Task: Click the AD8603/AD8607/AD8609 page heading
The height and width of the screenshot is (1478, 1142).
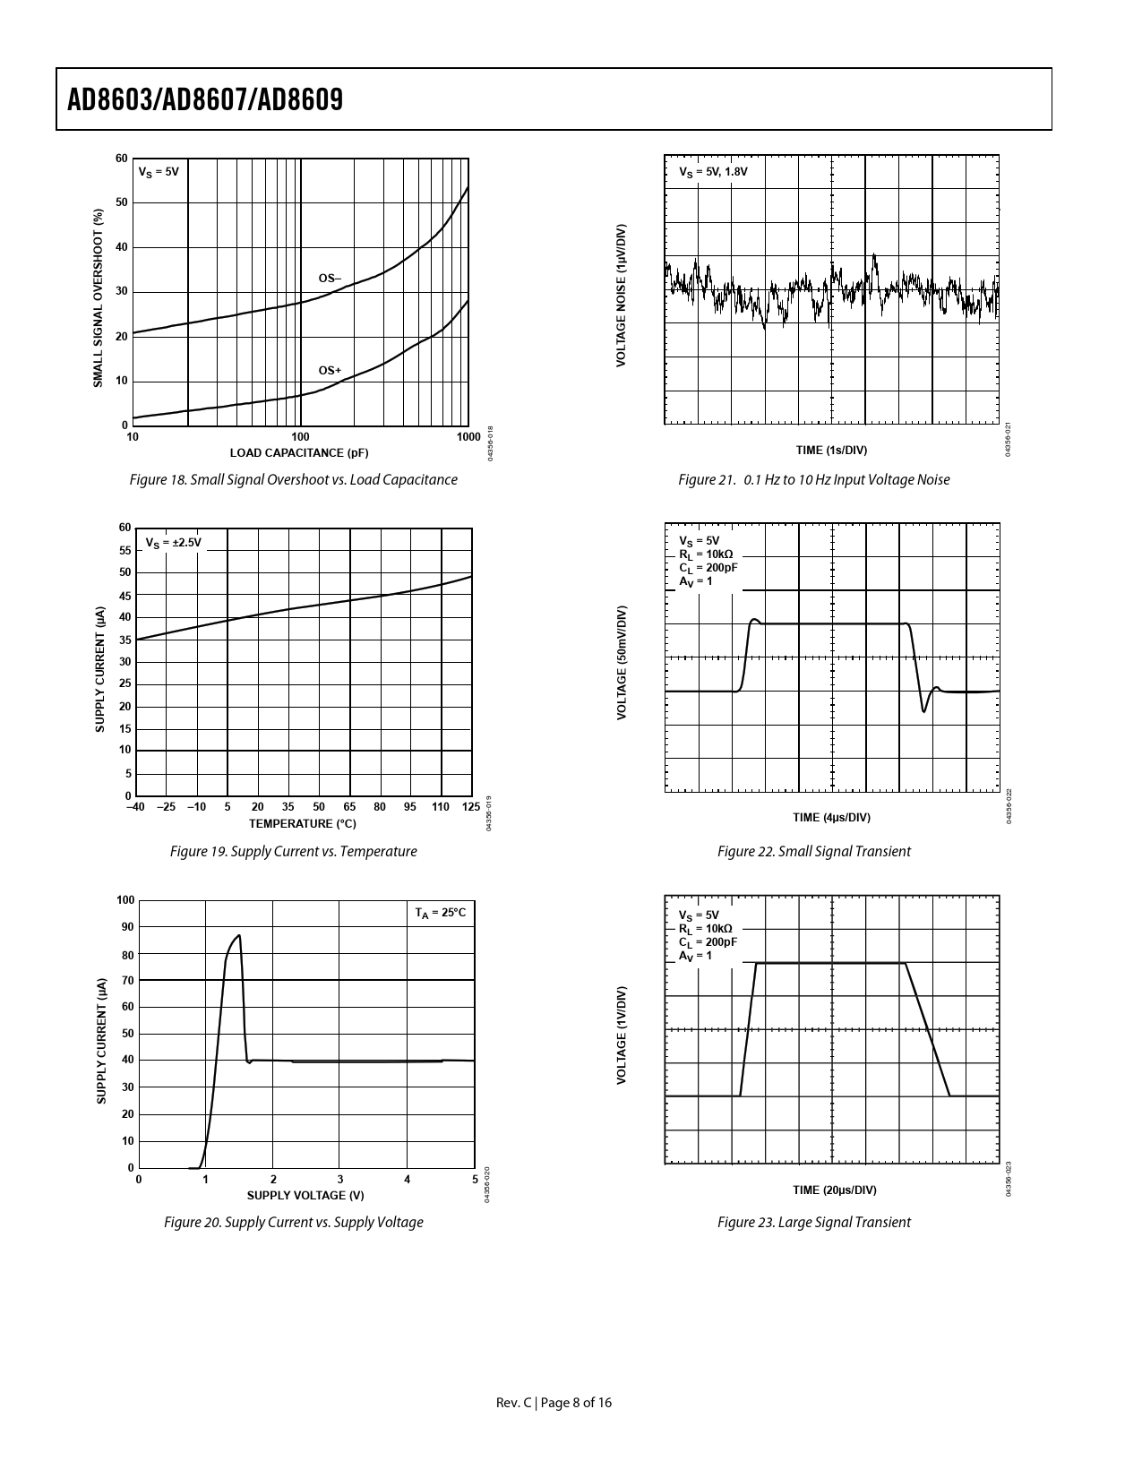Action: click(206, 99)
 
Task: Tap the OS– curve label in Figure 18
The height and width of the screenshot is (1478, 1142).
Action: click(330, 278)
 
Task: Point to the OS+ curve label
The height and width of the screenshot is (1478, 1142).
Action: click(330, 370)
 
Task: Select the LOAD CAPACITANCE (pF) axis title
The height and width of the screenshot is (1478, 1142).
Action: click(299, 452)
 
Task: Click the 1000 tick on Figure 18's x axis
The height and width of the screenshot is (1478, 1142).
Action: click(468, 437)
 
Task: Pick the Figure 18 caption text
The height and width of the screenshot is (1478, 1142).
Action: click(294, 480)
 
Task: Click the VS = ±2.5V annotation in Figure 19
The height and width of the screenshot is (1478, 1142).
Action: click(174, 543)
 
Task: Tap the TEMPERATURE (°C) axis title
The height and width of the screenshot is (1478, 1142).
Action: click(302, 824)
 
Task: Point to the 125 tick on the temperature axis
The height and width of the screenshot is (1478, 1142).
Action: click(471, 808)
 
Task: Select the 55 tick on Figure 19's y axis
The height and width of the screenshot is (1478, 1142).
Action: click(125, 551)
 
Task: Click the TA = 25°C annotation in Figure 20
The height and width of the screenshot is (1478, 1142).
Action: click(440, 913)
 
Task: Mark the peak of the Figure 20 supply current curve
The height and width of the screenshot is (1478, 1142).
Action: click(239, 936)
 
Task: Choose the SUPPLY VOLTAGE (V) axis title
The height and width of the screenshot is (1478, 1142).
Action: click(305, 1195)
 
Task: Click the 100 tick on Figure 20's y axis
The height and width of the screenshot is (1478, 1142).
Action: click(125, 900)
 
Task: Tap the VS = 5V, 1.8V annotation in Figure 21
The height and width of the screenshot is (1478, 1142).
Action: click(713, 171)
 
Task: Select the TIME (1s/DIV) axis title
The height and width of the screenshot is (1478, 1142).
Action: click(831, 451)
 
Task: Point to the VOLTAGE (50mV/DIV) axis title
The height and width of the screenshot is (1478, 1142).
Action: click(621, 663)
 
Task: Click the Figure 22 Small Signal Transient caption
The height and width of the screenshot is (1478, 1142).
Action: click(813, 852)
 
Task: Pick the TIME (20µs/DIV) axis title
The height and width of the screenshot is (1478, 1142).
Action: click(834, 1190)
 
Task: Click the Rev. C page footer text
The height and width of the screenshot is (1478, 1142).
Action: click(554, 1403)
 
